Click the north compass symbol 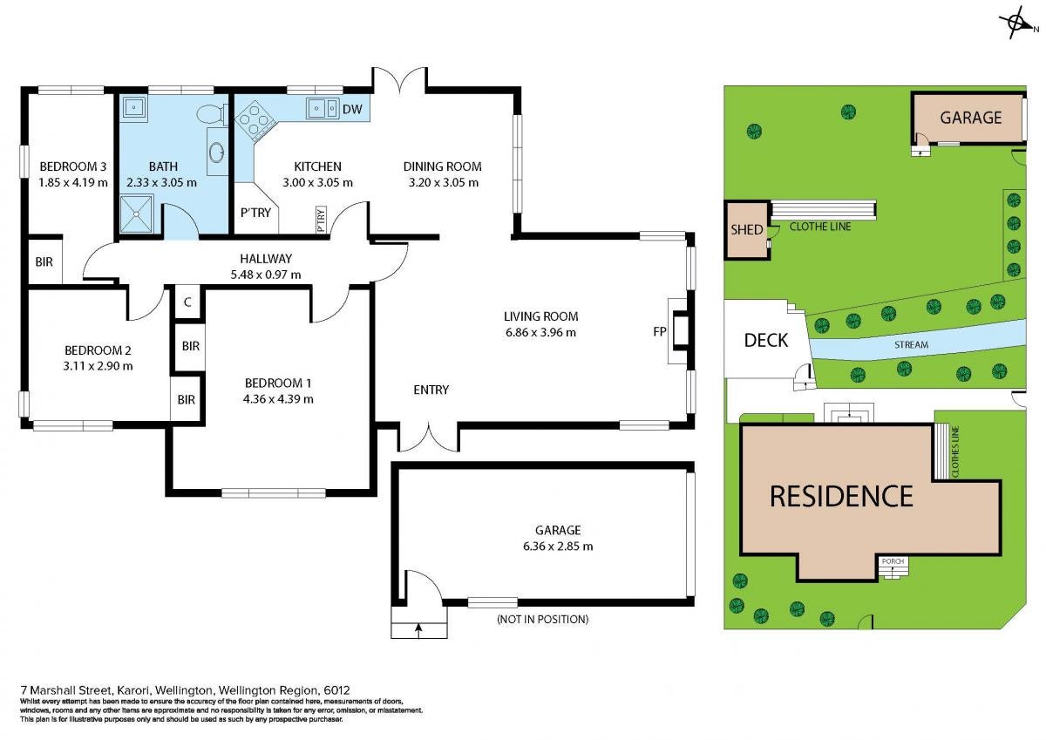[x=1016, y=24]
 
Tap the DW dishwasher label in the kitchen [x=352, y=109]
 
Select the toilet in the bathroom [x=212, y=113]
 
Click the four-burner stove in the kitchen [x=255, y=120]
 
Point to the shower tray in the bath [x=136, y=214]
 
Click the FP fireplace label [x=659, y=331]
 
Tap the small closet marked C [x=187, y=302]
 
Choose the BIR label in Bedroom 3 [x=44, y=261]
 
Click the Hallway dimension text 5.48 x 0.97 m [x=266, y=275]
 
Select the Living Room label [x=540, y=316]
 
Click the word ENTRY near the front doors [x=431, y=390]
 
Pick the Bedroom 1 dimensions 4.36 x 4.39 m [x=278, y=399]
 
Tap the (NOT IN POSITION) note [x=542, y=619]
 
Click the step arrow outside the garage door [x=418, y=630]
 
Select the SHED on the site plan [x=747, y=230]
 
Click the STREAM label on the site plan [x=911, y=344]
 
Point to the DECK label [x=766, y=340]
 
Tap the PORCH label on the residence [x=893, y=561]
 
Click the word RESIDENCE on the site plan [x=841, y=496]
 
